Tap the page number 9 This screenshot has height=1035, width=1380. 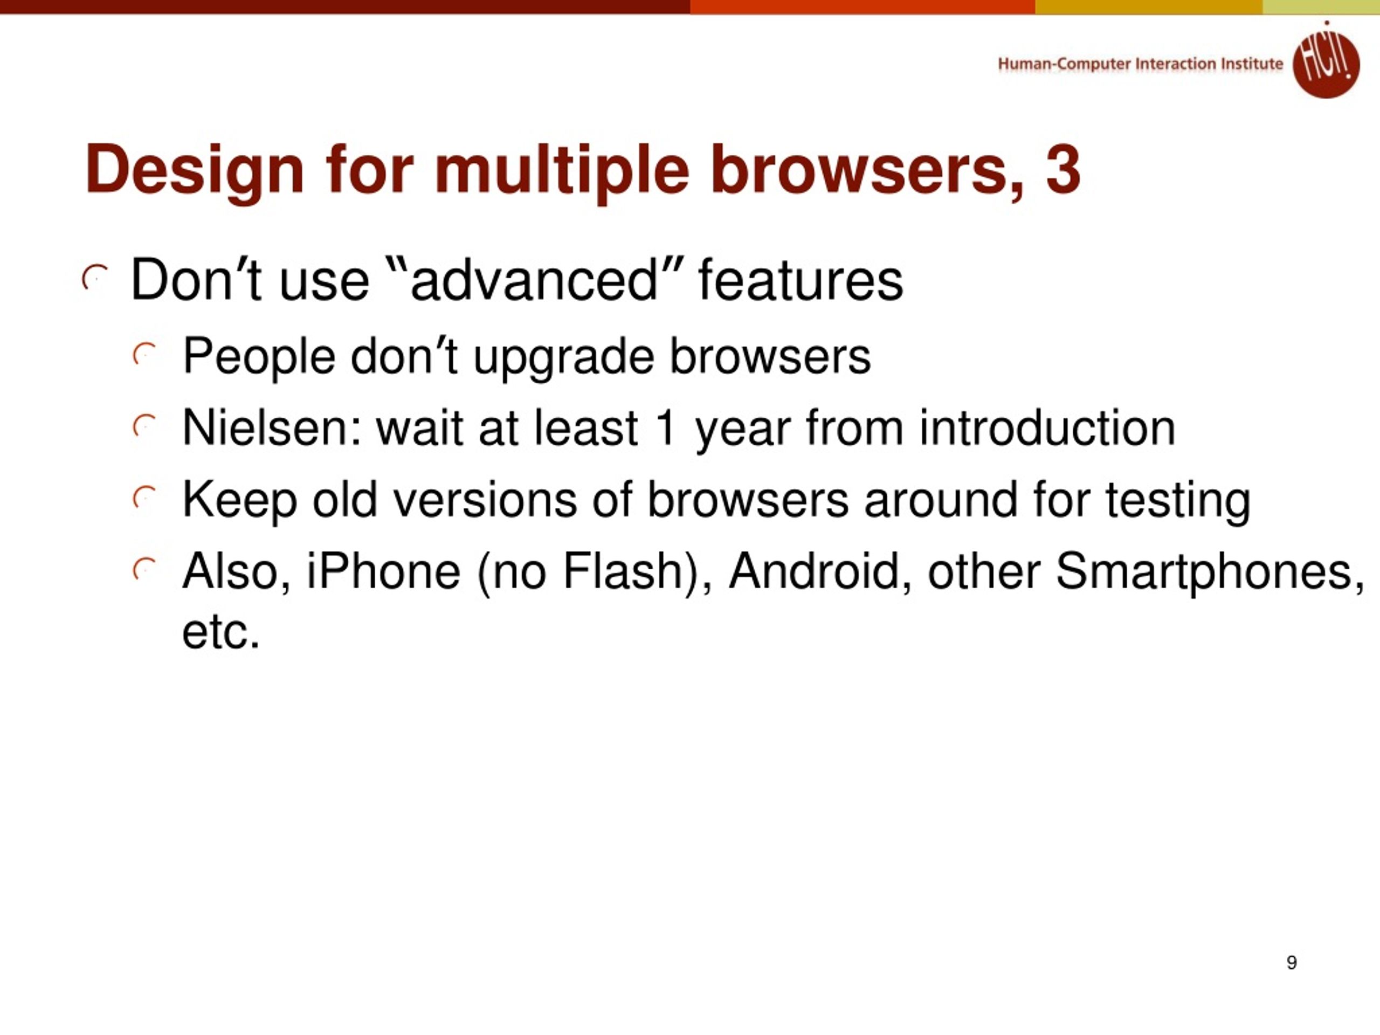[x=1292, y=962]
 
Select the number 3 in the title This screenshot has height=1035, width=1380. [x=1063, y=170]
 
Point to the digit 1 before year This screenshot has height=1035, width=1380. [x=666, y=428]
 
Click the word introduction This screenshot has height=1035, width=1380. [x=1047, y=428]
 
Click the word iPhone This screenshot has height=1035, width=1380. [x=384, y=571]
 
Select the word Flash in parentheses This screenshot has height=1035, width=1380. [x=623, y=571]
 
